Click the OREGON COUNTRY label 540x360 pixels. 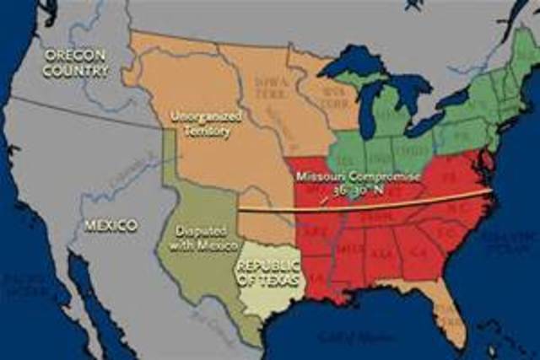point(76,63)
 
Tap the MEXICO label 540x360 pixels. point(110,226)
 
